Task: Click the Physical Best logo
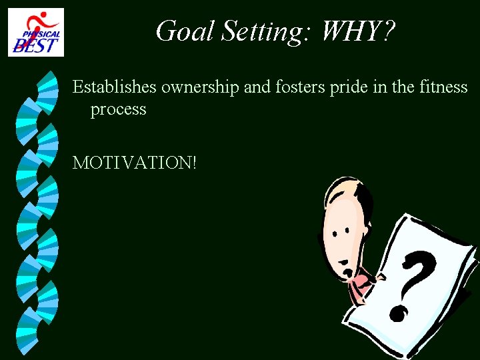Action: (36, 32)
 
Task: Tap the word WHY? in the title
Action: (359, 31)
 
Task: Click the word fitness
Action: (446, 87)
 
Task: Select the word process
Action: (118, 109)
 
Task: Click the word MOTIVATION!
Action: (135, 162)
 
